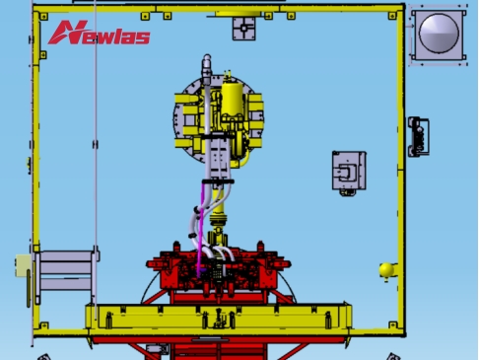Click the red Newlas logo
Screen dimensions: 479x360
click(99, 33)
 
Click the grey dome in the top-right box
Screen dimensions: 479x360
click(439, 34)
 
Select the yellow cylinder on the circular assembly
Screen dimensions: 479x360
click(233, 100)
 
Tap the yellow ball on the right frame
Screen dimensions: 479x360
click(386, 269)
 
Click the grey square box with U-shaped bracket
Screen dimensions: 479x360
click(349, 171)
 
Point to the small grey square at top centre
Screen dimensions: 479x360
click(243, 29)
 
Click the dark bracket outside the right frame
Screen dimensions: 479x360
click(418, 136)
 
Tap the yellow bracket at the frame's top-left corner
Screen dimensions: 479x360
click(43, 16)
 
